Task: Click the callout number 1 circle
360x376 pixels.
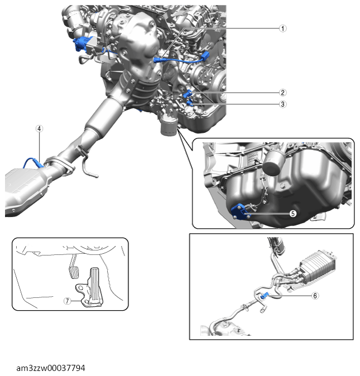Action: [x=283, y=28]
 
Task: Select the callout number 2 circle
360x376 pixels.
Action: [x=283, y=93]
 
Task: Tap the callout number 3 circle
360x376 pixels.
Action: [x=283, y=104]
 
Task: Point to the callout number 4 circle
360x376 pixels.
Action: [x=39, y=128]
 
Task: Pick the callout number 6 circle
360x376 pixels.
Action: [x=315, y=296]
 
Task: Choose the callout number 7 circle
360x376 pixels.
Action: [x=67, y=300]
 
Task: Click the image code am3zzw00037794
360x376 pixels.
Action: [x=51, y=368]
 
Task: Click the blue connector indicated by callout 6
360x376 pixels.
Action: [x=266, y=296]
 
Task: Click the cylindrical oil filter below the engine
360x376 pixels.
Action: [x=167, y=127]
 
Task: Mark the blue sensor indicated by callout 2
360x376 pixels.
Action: [x=189, y=93]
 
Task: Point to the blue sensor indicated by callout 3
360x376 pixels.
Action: [x=189, y=102]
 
